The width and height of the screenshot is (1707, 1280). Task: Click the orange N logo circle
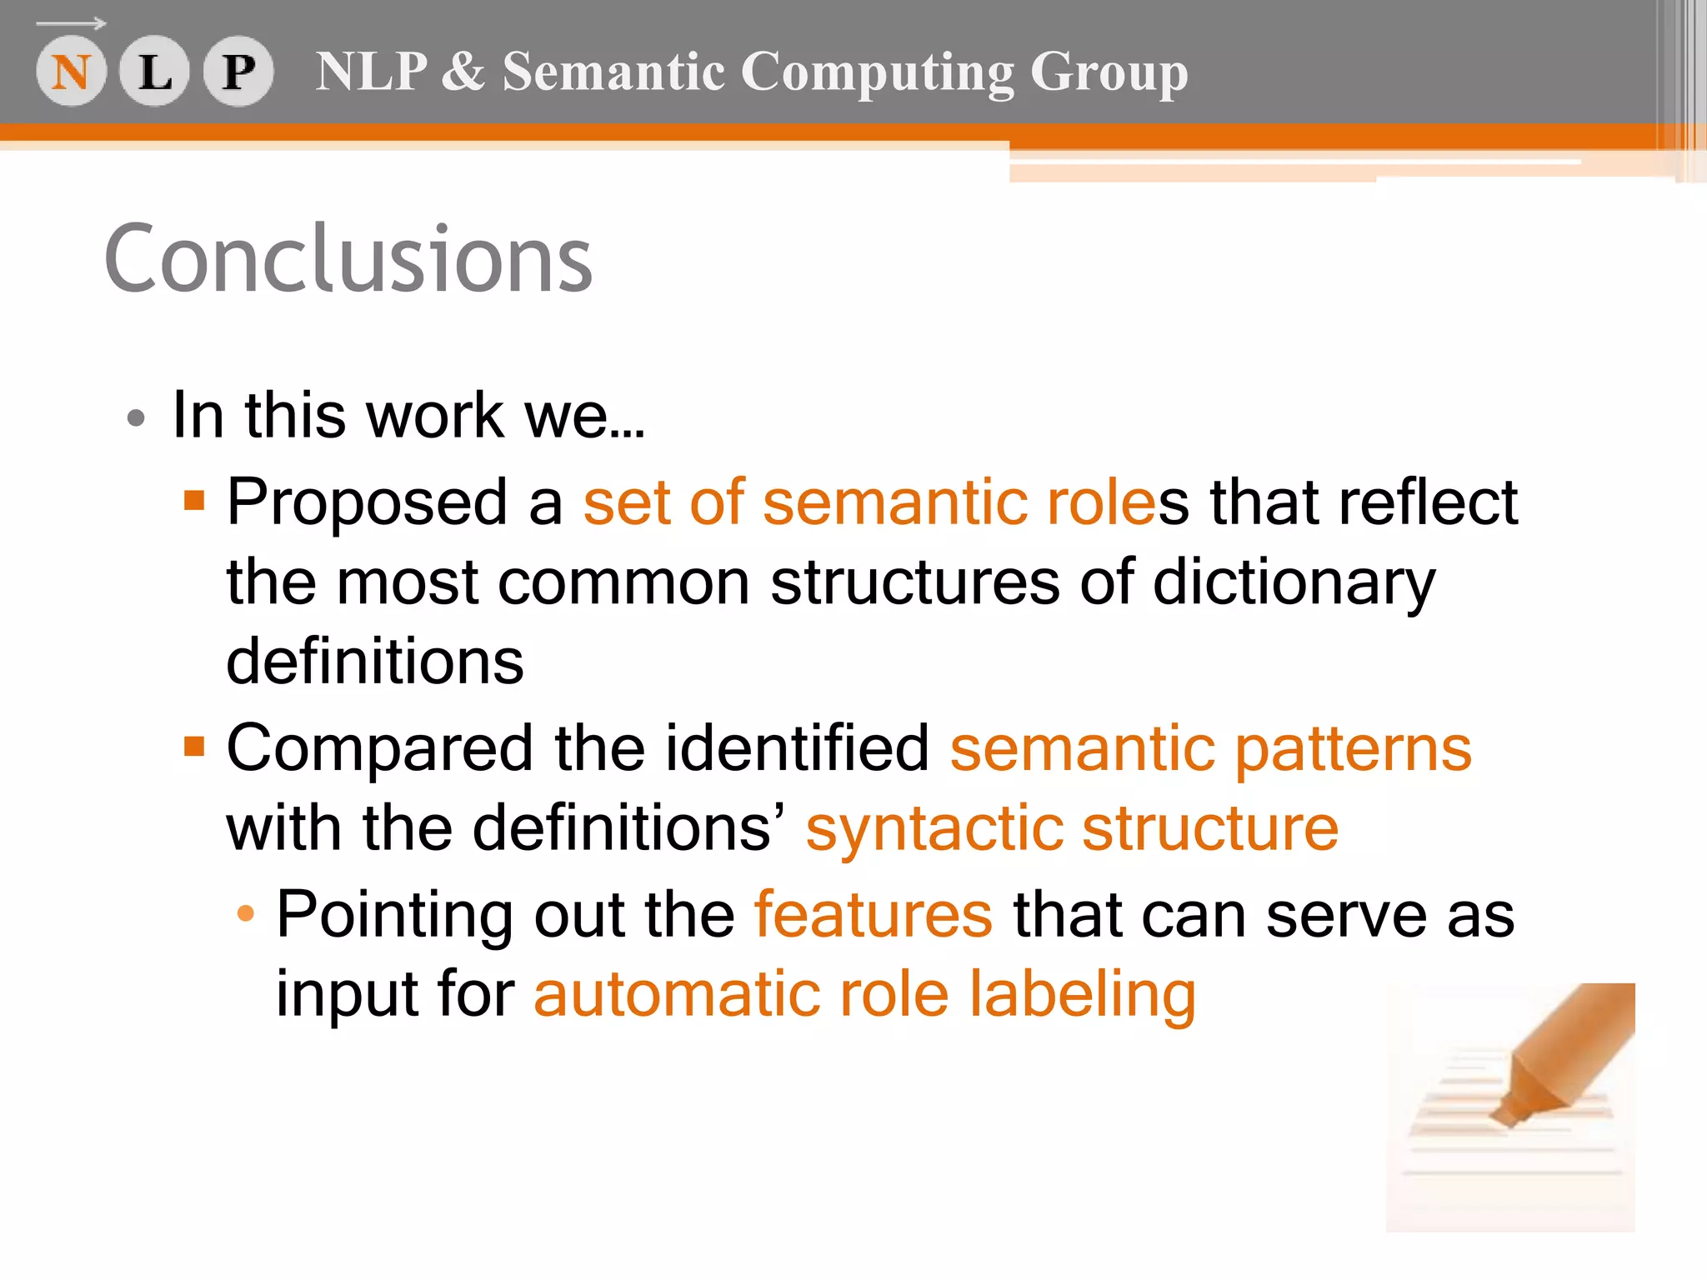click(x=71, y=72)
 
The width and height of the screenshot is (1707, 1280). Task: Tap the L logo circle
click(x=155, y=72)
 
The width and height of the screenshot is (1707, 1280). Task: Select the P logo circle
click(x=238, y=72)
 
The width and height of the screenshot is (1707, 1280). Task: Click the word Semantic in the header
click(x=613, y=72)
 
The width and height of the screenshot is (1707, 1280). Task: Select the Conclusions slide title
click(x=348, y=259)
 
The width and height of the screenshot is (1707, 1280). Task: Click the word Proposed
click(x=368, y=503)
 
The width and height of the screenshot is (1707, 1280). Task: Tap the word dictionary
click(x=1294, y=582)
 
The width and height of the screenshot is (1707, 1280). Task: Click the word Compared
click(x=379, y=747)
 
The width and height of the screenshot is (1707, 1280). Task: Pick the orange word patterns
click(x=1353, y=749)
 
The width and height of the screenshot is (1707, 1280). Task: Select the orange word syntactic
click(x=934, y=829)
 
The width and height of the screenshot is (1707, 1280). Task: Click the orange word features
click(x=873, y=914)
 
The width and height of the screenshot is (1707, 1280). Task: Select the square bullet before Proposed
click(x=194, y=500)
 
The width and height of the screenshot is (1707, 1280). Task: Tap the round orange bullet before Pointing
click(x=245, y=913)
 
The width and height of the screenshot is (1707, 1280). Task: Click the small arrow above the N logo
click(x=72, y=23)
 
